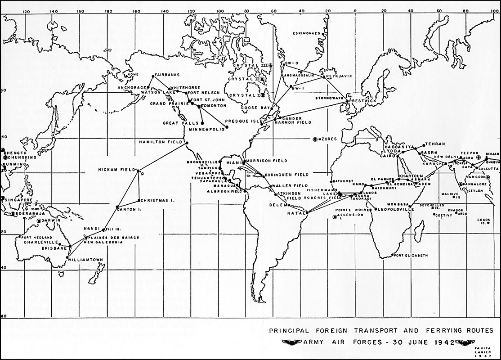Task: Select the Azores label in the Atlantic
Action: [x=327, y=139]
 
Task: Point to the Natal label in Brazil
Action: [x=295, y=213]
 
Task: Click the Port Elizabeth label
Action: [x=411, y=255]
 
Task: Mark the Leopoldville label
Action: [x=393, y=209]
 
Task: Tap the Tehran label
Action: [x=435, y=144]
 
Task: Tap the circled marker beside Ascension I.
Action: [x=335, y=217]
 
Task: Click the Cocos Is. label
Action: [x=483, y=221]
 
